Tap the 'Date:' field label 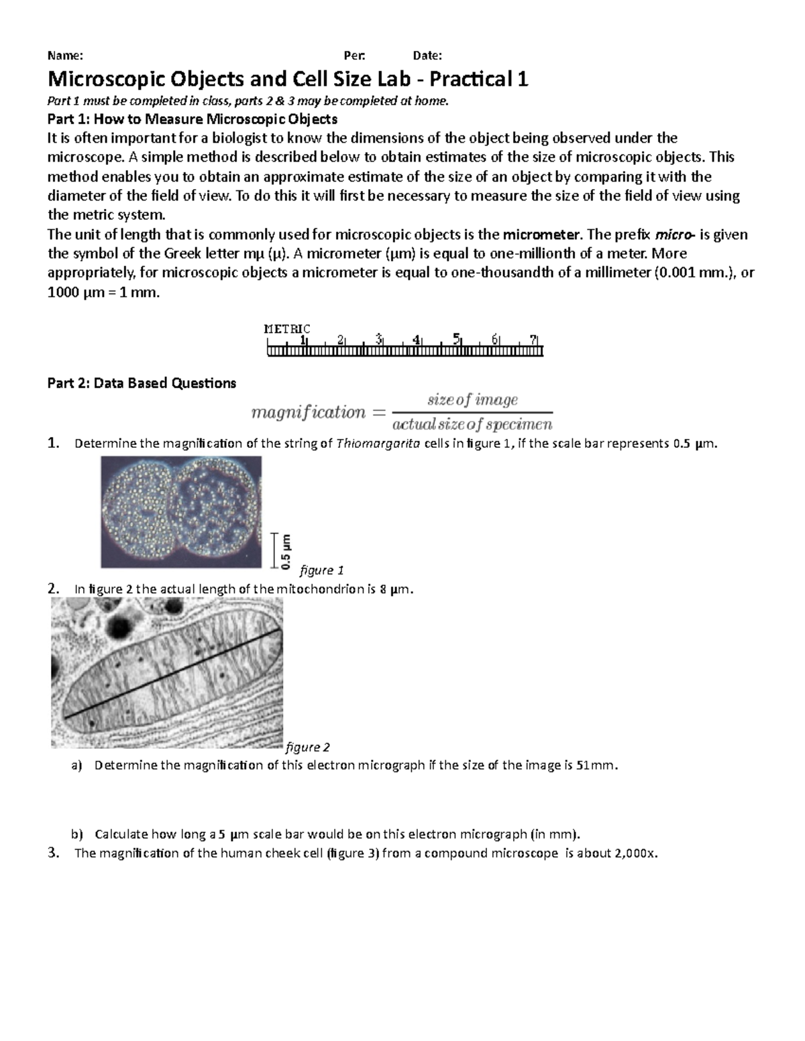pos(427,56)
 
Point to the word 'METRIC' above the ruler pos(287,328)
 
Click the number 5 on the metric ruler pos(457,339)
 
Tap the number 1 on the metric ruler pos(303,339)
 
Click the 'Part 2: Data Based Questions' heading pos(142,383)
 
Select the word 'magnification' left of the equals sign pos(308,412)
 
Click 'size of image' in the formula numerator pos(473,400)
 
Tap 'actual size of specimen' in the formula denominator pos(472,424)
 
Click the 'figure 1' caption pos(321,570)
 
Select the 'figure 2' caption pos(308,747)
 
